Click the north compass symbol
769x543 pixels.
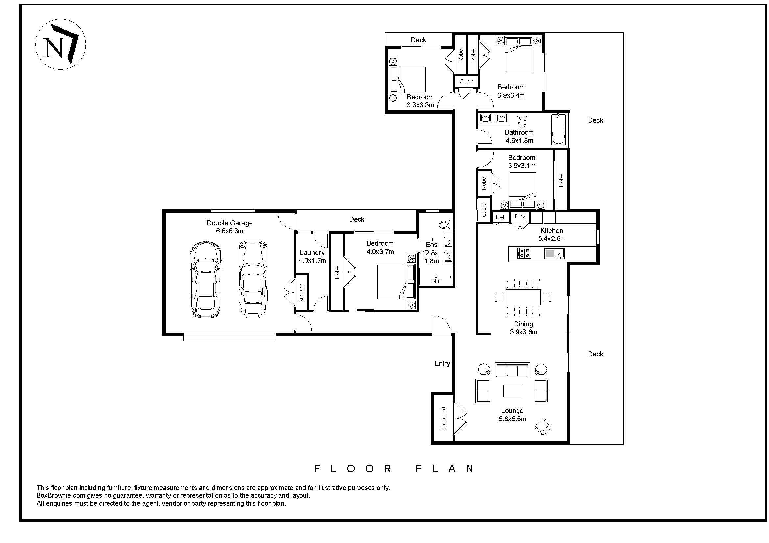[x=60, y=44]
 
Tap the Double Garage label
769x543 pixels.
[x=229, y=223]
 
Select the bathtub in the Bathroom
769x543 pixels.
[x=559, y=129]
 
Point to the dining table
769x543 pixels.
[x=523, y=297]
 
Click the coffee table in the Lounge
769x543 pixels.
[x=512, y=391]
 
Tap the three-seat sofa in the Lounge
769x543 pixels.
[x=512, y=370]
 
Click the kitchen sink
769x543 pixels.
[x=554, y=253]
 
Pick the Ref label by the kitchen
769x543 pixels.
[x=500, y=217]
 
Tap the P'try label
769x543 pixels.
[x=520, y=216]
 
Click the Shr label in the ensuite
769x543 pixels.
[x=435, y=281]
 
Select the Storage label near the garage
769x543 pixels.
[x=301, y=293]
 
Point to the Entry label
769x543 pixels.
[x=442, y=363]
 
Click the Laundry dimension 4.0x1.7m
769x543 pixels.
[x=312, y=260]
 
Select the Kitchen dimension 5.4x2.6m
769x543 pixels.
[x=552, y=239]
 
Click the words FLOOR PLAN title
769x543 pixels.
[x=394, y=469]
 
